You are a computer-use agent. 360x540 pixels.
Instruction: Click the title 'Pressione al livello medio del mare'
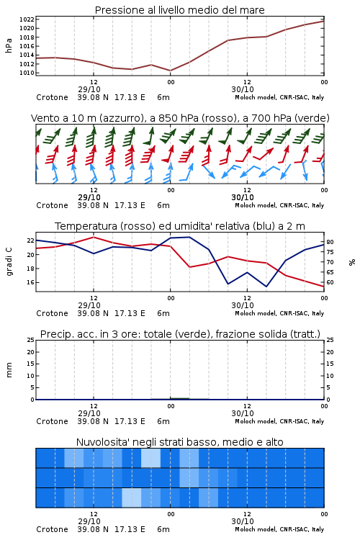pos(179,10)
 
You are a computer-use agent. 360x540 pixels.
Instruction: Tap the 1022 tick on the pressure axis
pos(27,19)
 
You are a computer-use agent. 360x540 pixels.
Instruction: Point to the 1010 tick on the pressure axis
pos(27,73)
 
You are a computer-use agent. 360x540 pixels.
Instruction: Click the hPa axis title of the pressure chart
pos(9,45)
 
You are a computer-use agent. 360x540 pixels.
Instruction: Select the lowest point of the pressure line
pos(170,71)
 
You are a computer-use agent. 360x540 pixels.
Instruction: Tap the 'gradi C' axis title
pos(9,262)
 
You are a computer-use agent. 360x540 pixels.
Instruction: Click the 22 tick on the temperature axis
pos(30,240)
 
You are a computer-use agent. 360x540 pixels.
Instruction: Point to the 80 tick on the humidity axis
pos(330,242)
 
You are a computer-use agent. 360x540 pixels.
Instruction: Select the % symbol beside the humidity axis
pos(352,262)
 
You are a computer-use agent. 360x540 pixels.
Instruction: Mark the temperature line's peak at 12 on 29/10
pos(94,237)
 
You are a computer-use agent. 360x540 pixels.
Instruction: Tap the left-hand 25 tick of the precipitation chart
pos(30,340)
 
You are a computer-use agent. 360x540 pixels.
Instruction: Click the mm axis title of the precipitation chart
pos(9,370)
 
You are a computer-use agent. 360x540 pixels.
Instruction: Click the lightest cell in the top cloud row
pos(151,458)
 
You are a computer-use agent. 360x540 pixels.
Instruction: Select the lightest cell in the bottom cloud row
pos(132,498)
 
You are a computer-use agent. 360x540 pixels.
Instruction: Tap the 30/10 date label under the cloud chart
pos(243,521)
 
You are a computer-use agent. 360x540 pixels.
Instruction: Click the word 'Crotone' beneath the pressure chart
pos(52,97)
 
